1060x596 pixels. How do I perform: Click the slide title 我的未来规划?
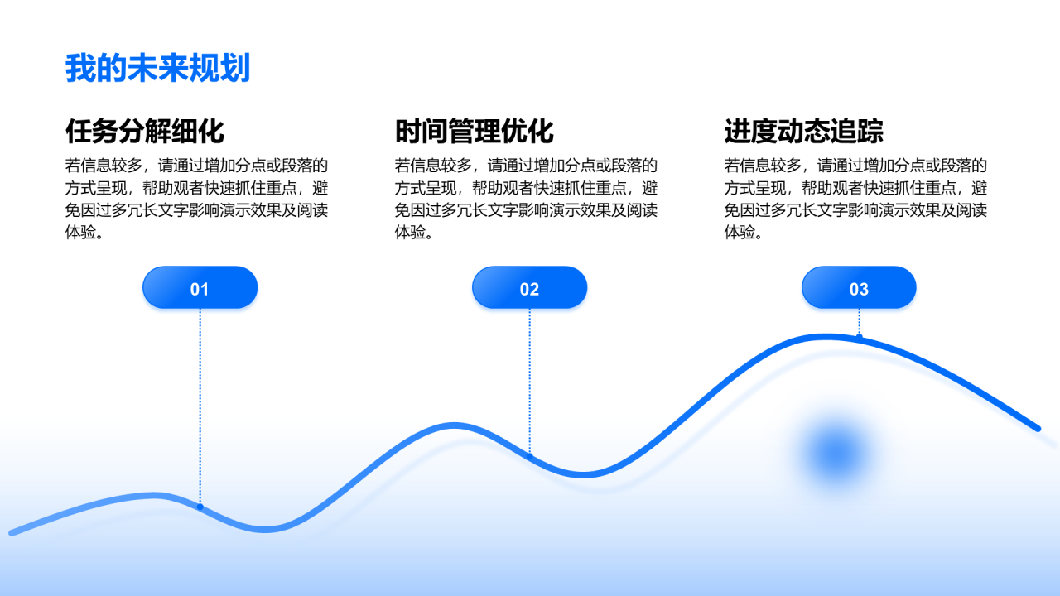[157, 69]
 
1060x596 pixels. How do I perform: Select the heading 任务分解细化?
[145, 132]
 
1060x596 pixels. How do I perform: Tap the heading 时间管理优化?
[475, 132]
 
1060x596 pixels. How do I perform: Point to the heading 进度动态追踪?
[804, 132]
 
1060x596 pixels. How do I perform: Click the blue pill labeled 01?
[200, 288]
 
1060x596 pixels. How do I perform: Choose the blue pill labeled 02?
[529, 288]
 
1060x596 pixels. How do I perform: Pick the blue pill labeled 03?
[859, 288]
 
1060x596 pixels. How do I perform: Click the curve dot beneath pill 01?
[200, 507]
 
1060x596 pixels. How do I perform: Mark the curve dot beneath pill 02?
[530, 456]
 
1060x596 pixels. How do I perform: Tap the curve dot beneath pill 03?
[860, 337]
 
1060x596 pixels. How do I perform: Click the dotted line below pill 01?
[200, 406]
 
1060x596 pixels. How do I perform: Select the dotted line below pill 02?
[529, 381]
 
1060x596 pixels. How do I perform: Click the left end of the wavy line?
[12, 533]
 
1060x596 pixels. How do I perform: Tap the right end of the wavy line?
[1037, 428]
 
